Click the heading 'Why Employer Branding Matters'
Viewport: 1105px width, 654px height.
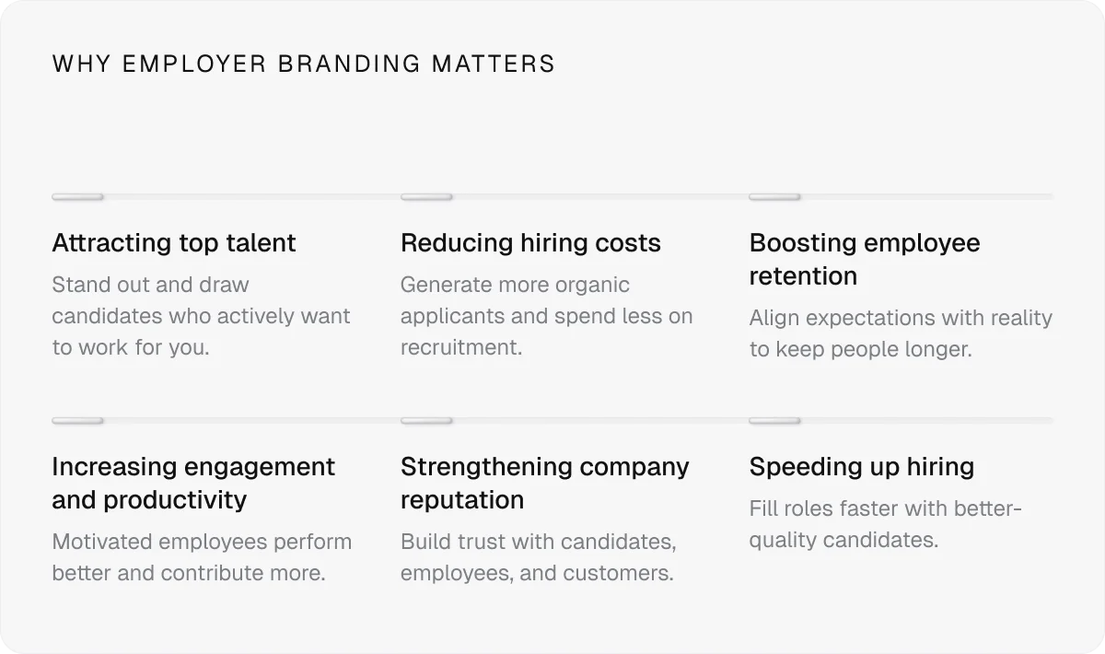(304, 64)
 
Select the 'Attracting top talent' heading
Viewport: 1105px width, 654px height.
(174, 243)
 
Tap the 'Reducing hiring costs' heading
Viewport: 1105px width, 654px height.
(530, 243)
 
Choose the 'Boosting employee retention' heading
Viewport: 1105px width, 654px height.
(864, 259)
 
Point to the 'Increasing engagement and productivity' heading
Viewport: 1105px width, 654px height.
(193, 483)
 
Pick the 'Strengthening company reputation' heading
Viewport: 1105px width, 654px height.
(544, 483)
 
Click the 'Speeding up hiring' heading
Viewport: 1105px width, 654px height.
(861, 467)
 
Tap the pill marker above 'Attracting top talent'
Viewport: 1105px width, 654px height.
(77, 197)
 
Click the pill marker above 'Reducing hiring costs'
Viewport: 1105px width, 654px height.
(426, 197)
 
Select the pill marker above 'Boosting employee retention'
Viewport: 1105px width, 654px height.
(774, 197)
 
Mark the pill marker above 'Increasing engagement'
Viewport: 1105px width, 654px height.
(77, 421)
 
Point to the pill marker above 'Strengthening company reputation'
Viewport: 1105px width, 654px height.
(426, 421)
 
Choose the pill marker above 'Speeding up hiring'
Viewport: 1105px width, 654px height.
(774, 421)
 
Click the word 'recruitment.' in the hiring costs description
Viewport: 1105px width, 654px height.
(461, 347)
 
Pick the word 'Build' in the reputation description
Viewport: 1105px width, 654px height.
(426, 542)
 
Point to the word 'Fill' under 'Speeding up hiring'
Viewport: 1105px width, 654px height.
(763, 508)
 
